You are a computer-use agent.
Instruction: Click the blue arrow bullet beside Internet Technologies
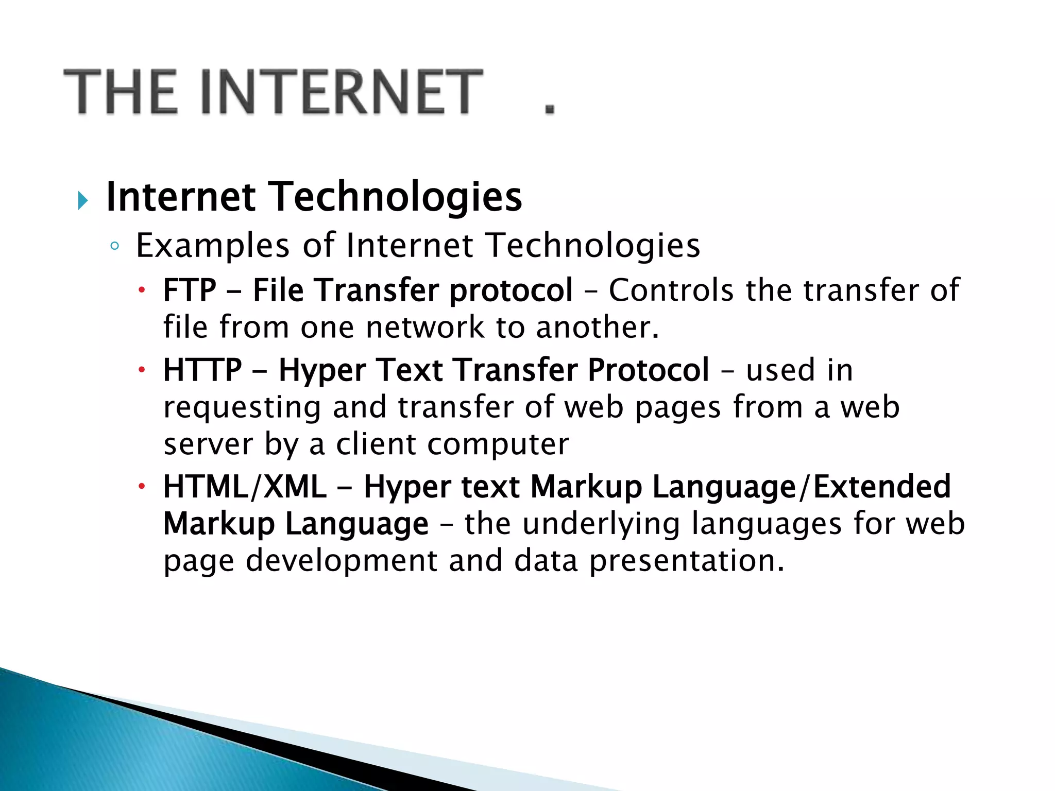tap(82, 200)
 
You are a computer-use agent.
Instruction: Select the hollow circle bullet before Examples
tap(115, 246)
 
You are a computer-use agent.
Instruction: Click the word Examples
tap(213, 246)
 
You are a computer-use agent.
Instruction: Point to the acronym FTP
tap(190, 290)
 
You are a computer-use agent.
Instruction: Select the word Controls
tap(671, 290)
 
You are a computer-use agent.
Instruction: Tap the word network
tap(425, 327)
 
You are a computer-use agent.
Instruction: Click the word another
tap(597, 327)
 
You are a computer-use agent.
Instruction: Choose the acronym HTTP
tap(202, 370)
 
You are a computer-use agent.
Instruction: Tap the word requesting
tap(242, 408)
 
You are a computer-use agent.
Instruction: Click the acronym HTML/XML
tap(245, 487)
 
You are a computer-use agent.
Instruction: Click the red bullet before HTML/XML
tap(142, 486)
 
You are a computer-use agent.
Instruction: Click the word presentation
tap(686, 561)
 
